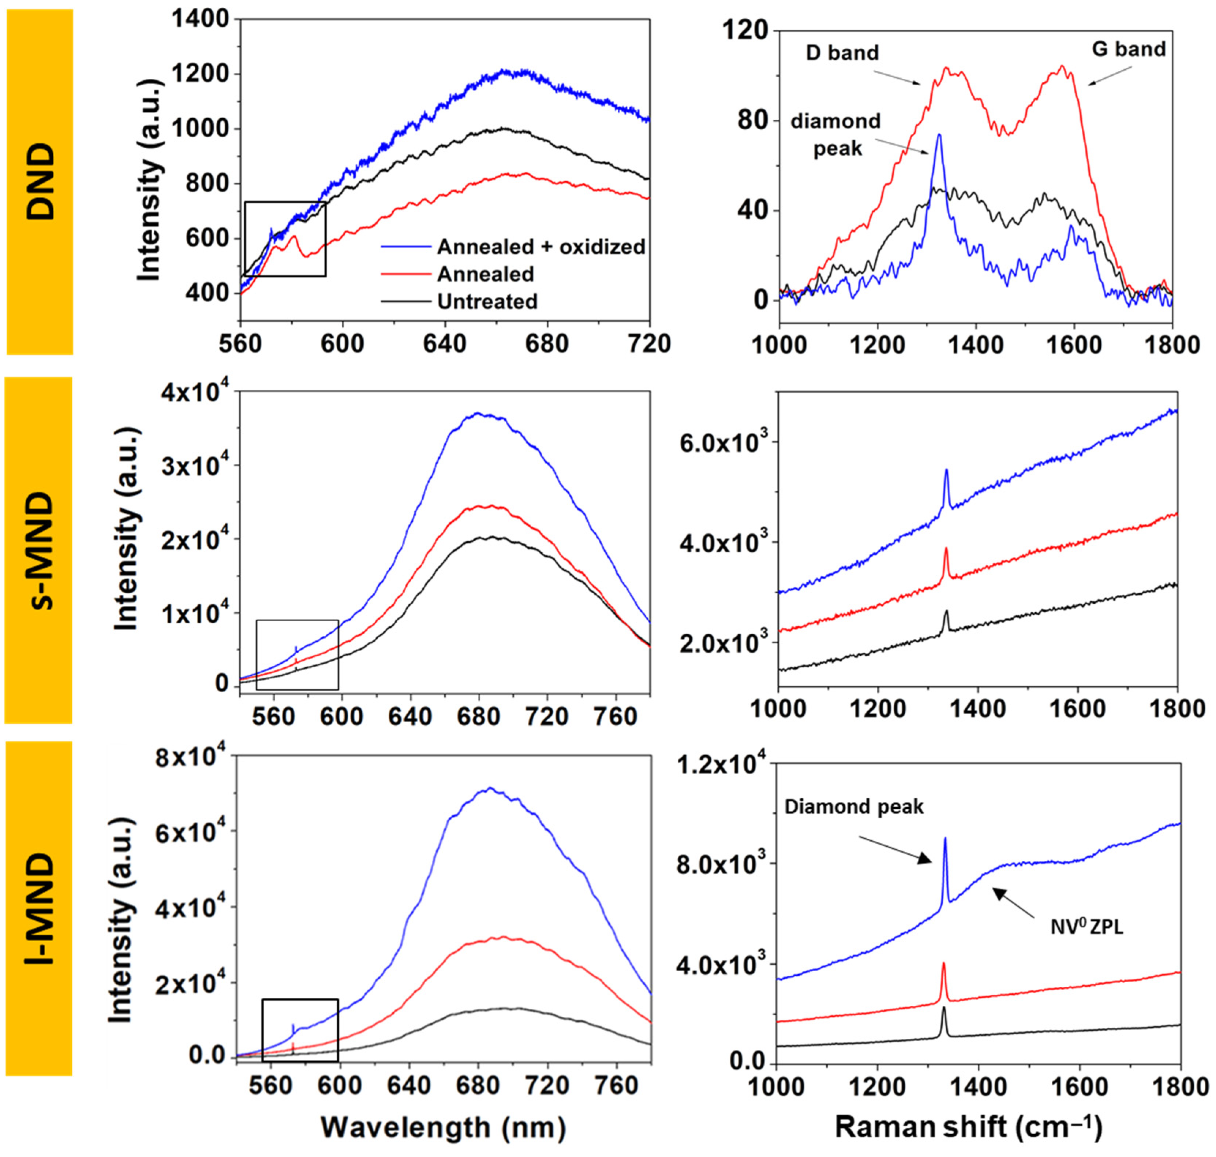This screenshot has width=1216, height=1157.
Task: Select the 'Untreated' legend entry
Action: (x=487, y=301)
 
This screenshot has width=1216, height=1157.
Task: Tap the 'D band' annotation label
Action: (x=842, y=53)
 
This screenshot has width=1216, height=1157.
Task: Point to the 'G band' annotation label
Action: (x=1129, y=49)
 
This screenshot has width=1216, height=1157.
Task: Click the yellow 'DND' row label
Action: (x=40, y=182)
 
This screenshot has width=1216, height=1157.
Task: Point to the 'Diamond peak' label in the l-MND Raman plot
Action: (x=854, y=807)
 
